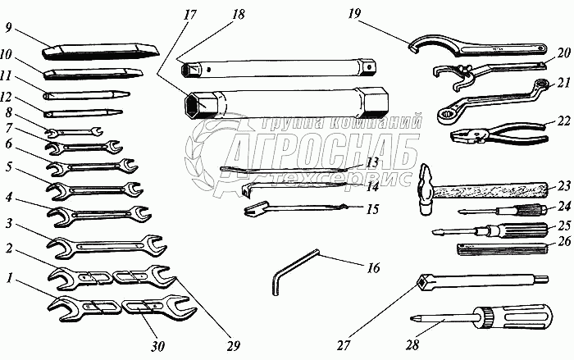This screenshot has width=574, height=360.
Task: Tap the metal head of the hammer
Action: click(428, 189)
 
